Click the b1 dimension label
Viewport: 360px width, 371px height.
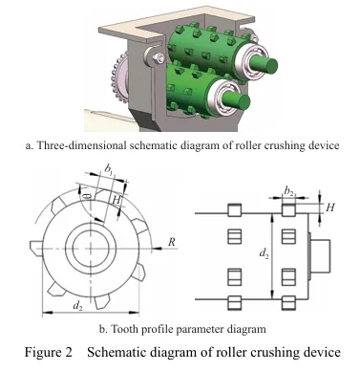point(109,169)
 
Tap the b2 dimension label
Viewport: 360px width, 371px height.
point(288,191)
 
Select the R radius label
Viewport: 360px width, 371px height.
point(172,242)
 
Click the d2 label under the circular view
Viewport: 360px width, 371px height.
point(78,306)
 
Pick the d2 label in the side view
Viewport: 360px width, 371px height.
point(264,253)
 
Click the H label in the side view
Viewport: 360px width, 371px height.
point(330,207)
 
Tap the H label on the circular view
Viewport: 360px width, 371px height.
point(117,201)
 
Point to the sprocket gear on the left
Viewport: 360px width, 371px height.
point(119,79)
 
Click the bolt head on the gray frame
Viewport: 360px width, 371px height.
point(158,57)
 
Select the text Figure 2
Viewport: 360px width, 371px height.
point(49,352)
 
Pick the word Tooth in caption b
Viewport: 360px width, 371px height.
point(124,329)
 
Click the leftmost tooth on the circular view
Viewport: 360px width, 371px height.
point(36,248)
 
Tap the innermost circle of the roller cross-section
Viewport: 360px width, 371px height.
point(91,248)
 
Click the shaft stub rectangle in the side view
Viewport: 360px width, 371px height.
point(320,256)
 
